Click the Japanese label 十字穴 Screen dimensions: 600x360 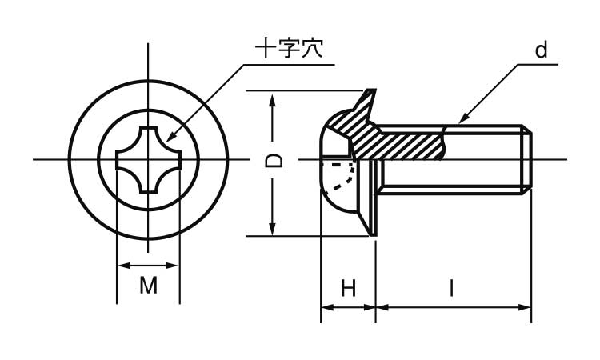pos(289,49)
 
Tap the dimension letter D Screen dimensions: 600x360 pos(274,161)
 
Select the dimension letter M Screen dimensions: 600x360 pos(149,286)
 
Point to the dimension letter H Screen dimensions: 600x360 pos(349,288)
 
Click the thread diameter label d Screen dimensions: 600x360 pos(542,50)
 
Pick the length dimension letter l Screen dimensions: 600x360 pos(451,288)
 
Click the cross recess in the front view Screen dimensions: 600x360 pos(149,159)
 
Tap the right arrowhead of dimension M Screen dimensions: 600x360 pos(172,265)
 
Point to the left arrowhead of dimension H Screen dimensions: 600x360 pos(327,307)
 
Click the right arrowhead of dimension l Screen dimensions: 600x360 pos(525,307)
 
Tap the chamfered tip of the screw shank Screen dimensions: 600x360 pos(526,159)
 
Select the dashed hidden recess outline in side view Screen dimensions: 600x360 pos(338,175)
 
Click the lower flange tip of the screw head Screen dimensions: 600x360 pos(373,234)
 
